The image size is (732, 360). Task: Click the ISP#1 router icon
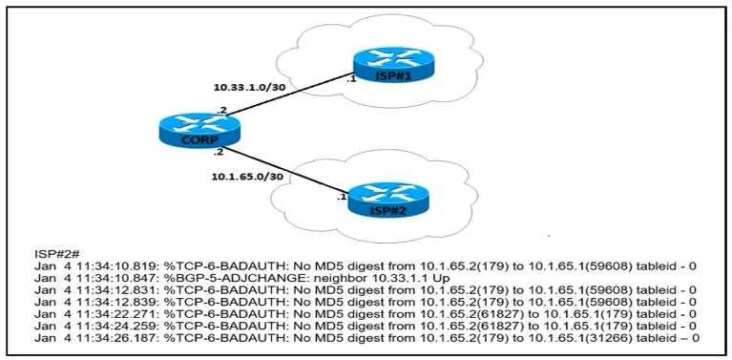pyautogui.click(x=393, y=65)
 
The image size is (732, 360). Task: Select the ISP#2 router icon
pyautogui.click(x=387, y=201)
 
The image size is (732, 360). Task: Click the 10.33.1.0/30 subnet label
pyautogui.click(x=241, y=87)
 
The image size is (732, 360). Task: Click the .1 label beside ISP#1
pyautogui.click(x=351, y=79)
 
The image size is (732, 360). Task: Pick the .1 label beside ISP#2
pyautogui.click(x=342, y=197)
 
